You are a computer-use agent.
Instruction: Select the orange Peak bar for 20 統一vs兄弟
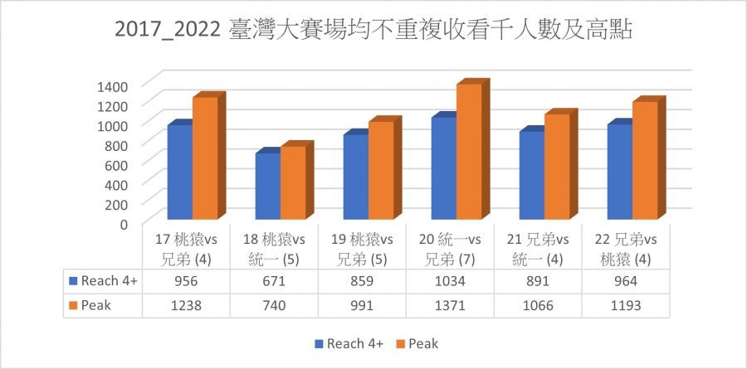(x=469, y=153)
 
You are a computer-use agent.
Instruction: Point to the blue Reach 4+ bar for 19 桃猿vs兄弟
(x=355, y=178)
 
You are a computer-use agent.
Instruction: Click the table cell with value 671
(x=274, y=281)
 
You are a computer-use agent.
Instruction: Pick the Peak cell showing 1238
(x=186, y=304)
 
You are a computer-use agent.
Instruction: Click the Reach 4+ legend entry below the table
(x=348, y=342)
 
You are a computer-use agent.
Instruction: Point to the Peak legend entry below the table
(x=417, y=342)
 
